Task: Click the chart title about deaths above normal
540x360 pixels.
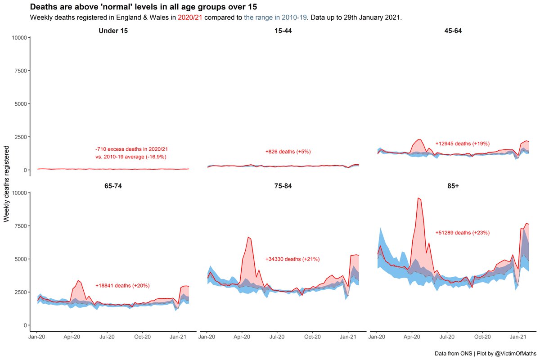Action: [x=144, y=7]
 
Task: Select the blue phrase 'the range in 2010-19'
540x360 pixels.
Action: [x=275, y=18]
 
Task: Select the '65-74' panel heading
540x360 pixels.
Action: [x=113, y=185]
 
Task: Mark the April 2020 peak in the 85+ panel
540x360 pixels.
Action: [x=418, y=198]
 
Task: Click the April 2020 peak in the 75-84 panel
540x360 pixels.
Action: [x=248, y=237]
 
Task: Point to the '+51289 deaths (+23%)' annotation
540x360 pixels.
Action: [x=462, y=233]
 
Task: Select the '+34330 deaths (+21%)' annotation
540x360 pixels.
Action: [x=292, y=259]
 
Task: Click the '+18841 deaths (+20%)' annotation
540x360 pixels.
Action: [x=122, y=286]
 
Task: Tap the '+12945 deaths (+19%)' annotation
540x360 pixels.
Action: [x=462, y=144]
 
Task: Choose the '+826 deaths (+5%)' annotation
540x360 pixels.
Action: [x=288, y=152]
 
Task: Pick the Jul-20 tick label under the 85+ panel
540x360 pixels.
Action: [x=446, y=336]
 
